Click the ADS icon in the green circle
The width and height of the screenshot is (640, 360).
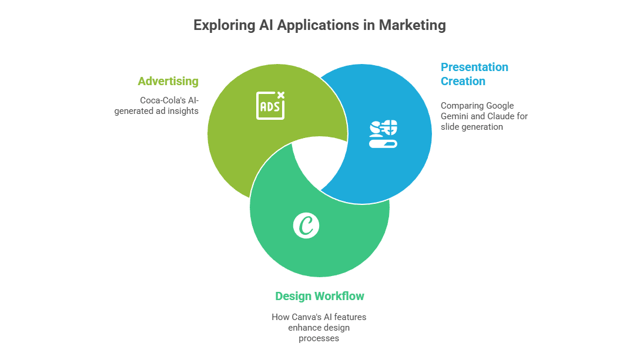270,105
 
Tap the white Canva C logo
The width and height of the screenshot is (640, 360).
306,226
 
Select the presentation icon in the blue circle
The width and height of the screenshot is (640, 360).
383,133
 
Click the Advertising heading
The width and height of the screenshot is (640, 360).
168,81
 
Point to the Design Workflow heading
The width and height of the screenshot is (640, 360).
320,296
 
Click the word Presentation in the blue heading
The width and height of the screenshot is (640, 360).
475,67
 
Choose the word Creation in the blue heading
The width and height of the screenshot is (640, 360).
463,81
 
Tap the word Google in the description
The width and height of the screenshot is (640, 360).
500,106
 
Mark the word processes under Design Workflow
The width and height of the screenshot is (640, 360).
319,338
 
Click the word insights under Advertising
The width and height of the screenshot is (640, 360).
183,110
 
